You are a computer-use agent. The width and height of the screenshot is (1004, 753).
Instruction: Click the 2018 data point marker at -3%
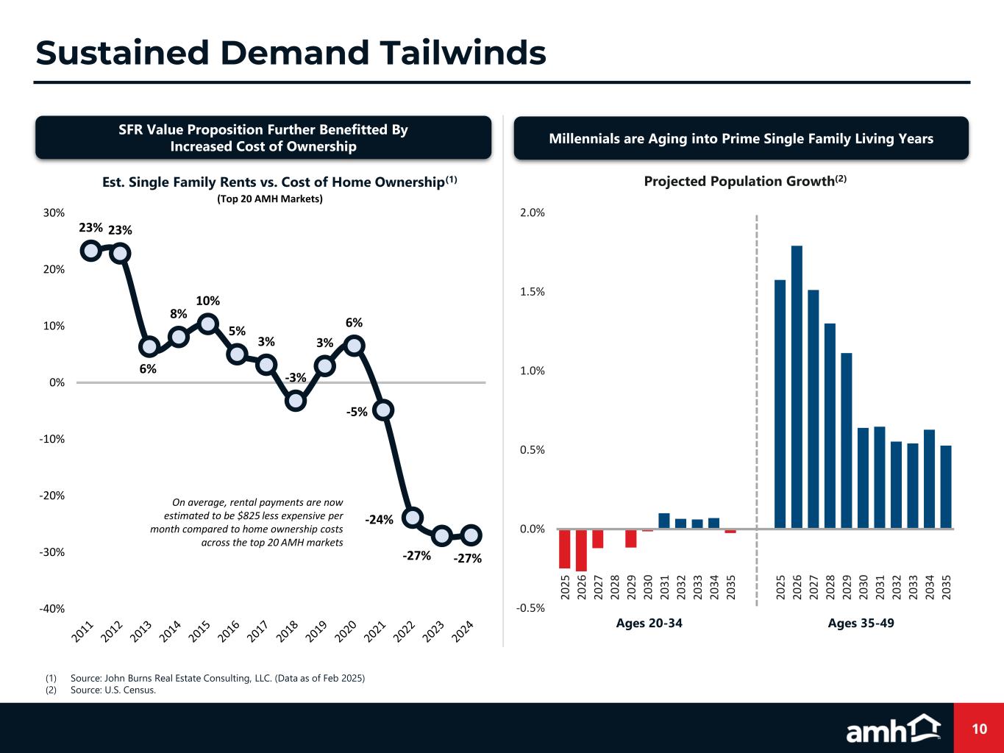[x=295, y=401]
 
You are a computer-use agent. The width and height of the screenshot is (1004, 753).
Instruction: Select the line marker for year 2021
[x=383, y=410]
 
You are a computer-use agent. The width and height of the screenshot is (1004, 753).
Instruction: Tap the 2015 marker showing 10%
[x=207, y=324]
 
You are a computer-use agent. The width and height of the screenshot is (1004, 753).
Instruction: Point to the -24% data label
[x=380, y=520]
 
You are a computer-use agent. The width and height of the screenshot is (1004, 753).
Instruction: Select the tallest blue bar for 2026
[x=797, y=387]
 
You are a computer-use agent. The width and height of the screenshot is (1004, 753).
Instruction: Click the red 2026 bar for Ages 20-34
[x=581, y=549]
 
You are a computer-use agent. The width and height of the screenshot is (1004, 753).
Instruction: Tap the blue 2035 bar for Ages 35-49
[x=946, y=487]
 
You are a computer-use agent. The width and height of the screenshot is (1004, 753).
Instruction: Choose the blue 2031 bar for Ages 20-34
[x=663, y=521]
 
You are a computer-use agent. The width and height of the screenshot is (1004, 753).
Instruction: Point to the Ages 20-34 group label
[x=649, y=624]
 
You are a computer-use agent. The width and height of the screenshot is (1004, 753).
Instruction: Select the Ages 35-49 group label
[x=861, y=624]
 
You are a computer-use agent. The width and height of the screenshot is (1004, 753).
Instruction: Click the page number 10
[x=978, y=729]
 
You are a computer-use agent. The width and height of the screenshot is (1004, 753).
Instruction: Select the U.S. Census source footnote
[x=113, y=690]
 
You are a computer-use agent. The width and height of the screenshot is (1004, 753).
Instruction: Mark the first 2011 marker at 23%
[x=91, y=250]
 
